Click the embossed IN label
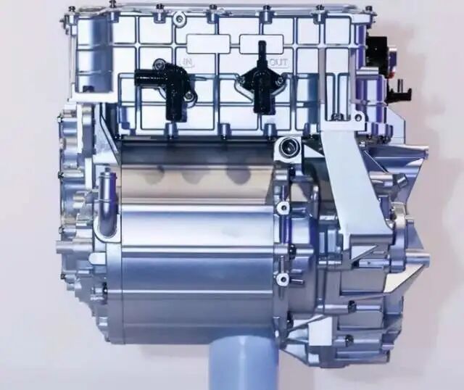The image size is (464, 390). (188, 62)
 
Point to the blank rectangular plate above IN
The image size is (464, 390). (208, 43)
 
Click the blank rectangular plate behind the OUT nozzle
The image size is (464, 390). (262, 44)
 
